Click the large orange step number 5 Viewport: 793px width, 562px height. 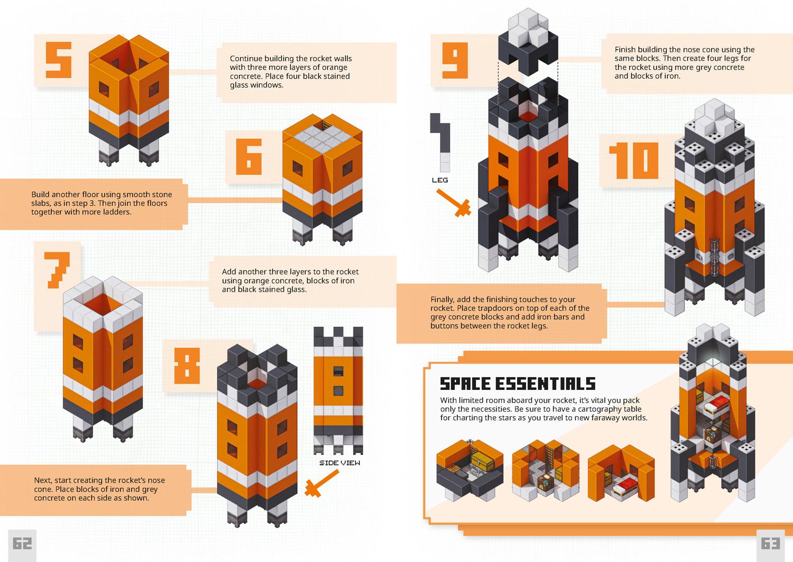[x=59, y=60]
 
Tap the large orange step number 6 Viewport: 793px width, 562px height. [x=249, y=157]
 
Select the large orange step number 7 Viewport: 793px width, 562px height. [x=57, y=270]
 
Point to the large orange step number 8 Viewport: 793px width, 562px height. [x=187, y=366]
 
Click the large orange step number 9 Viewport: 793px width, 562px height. [x=455, y=61]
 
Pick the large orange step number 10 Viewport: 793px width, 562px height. [x=634, y=161]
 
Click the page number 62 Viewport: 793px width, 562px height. [x=22, y=544]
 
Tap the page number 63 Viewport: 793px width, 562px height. [x=771, y=544]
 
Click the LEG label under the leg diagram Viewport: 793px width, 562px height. [x=440, y=180]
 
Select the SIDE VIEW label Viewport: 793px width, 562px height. [x=339, y=463]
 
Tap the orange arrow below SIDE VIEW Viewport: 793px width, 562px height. [x=321, y=483]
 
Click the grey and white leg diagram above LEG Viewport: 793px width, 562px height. [x=440, y=143]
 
